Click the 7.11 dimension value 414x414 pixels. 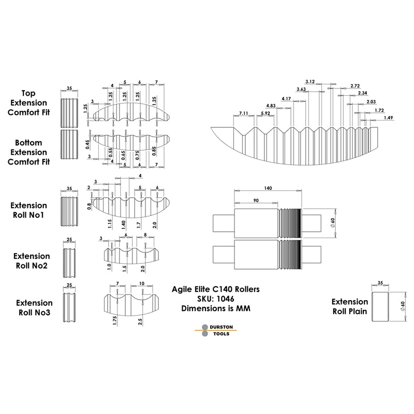tap(244, 113)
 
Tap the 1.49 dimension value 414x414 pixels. tap(389, 117)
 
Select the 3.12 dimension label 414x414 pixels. tap(310, 82)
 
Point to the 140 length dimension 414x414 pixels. tap(267, 189)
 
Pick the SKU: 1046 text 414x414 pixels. tap(216, 299)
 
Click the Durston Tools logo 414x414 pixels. tap(217, 330)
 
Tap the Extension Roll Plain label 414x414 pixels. tap(350, 306)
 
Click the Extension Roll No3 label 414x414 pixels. tap(34, 307)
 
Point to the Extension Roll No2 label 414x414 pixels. tap(32, 261)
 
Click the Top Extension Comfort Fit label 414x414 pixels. tap(28, 102)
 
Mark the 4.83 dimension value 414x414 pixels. tap(271, 106)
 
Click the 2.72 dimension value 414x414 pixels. tap(355, 85)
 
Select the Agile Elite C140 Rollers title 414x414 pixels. tap(216, 289)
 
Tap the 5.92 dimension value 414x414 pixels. tap(265, 113)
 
